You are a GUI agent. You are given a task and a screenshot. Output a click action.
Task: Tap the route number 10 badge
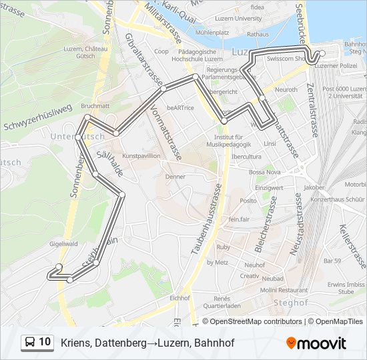[37, 342]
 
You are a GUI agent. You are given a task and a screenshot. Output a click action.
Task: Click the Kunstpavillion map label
[141, 155]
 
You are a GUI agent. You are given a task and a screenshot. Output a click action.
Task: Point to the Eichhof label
[181, 298]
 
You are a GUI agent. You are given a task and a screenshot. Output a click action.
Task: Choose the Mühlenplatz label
[213, 32]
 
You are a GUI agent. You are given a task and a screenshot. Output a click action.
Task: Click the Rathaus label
[258, 33]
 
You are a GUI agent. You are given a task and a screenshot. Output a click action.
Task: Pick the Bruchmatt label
[95, 105]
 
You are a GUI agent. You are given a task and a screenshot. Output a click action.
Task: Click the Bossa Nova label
[266, 171]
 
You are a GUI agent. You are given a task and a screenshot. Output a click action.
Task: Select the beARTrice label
[180, 107]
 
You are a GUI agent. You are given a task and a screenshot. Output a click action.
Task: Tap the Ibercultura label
[246, 157]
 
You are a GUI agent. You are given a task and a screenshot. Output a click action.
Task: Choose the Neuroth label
[286, 89]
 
